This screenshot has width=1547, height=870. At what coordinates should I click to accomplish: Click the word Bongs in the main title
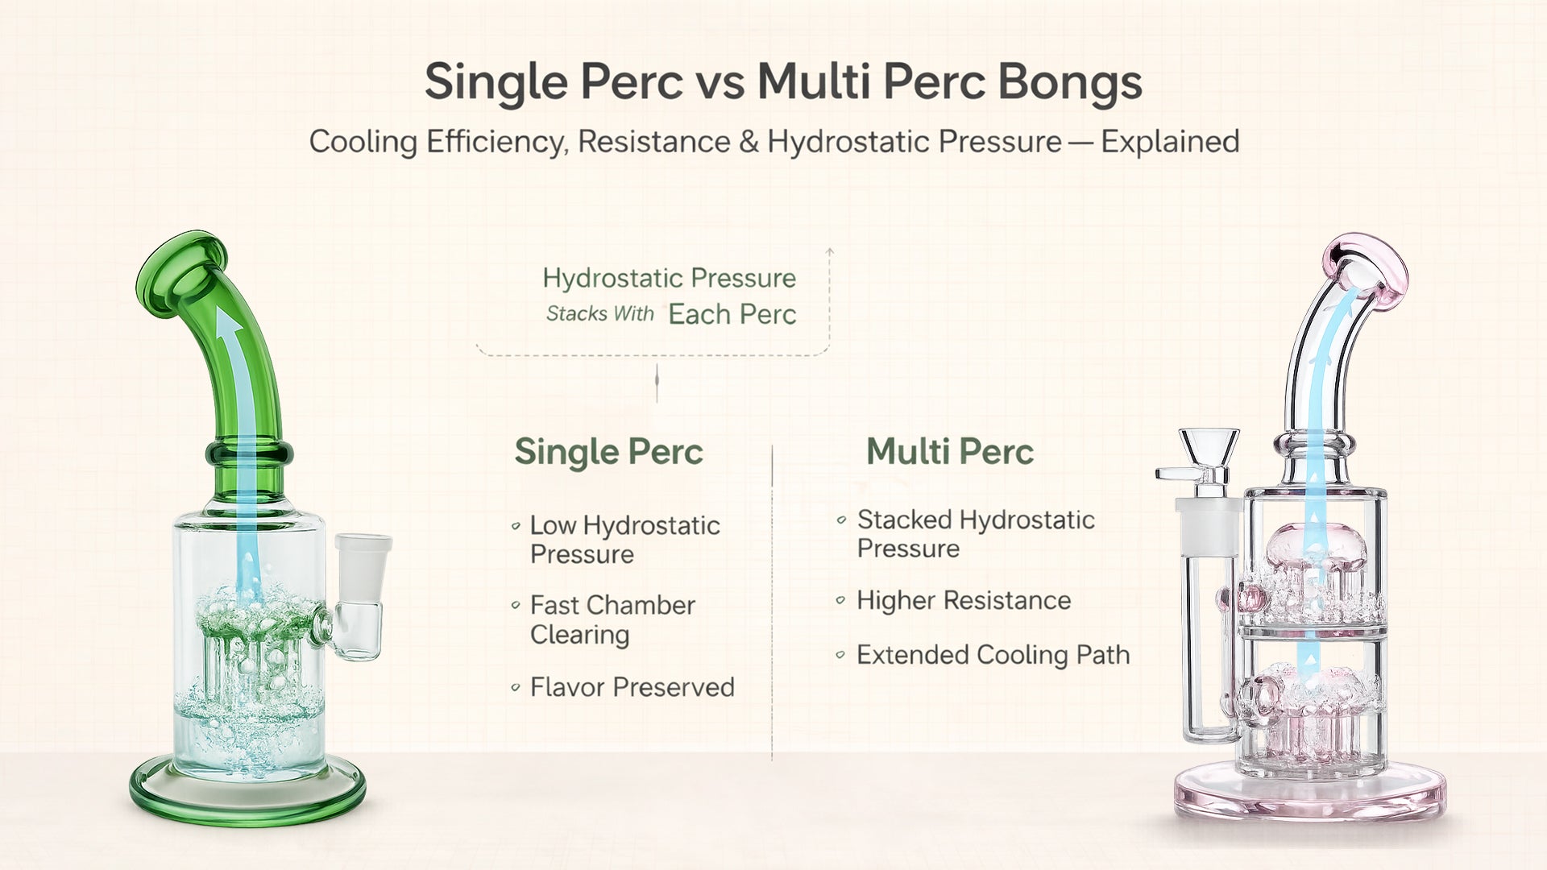tap(1069, 82)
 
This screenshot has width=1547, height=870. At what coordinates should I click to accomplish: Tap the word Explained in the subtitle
tap(1170, 142)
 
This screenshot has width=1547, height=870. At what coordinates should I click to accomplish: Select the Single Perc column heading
tap(608, 451)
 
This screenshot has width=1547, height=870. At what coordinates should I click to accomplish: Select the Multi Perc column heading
tap(949, 451)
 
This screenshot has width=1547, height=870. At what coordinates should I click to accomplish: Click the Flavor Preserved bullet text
tap(632, 687)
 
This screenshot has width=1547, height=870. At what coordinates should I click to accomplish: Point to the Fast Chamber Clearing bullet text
tap(612, 619)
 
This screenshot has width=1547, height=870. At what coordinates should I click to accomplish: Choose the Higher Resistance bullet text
tap(963, 600)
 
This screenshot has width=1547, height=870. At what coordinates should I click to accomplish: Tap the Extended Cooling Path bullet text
tap(993, 655)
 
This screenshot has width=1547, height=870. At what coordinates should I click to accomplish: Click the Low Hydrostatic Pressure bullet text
tap(624, 540)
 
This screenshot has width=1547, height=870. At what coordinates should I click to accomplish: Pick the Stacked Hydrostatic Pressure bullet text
tap(975, 534)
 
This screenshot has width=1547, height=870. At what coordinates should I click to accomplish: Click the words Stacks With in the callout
tap(599, 313)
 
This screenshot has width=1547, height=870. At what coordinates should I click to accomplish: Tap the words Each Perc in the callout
tap(732, 314)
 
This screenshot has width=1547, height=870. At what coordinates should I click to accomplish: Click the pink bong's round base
tap(1309, 793)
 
